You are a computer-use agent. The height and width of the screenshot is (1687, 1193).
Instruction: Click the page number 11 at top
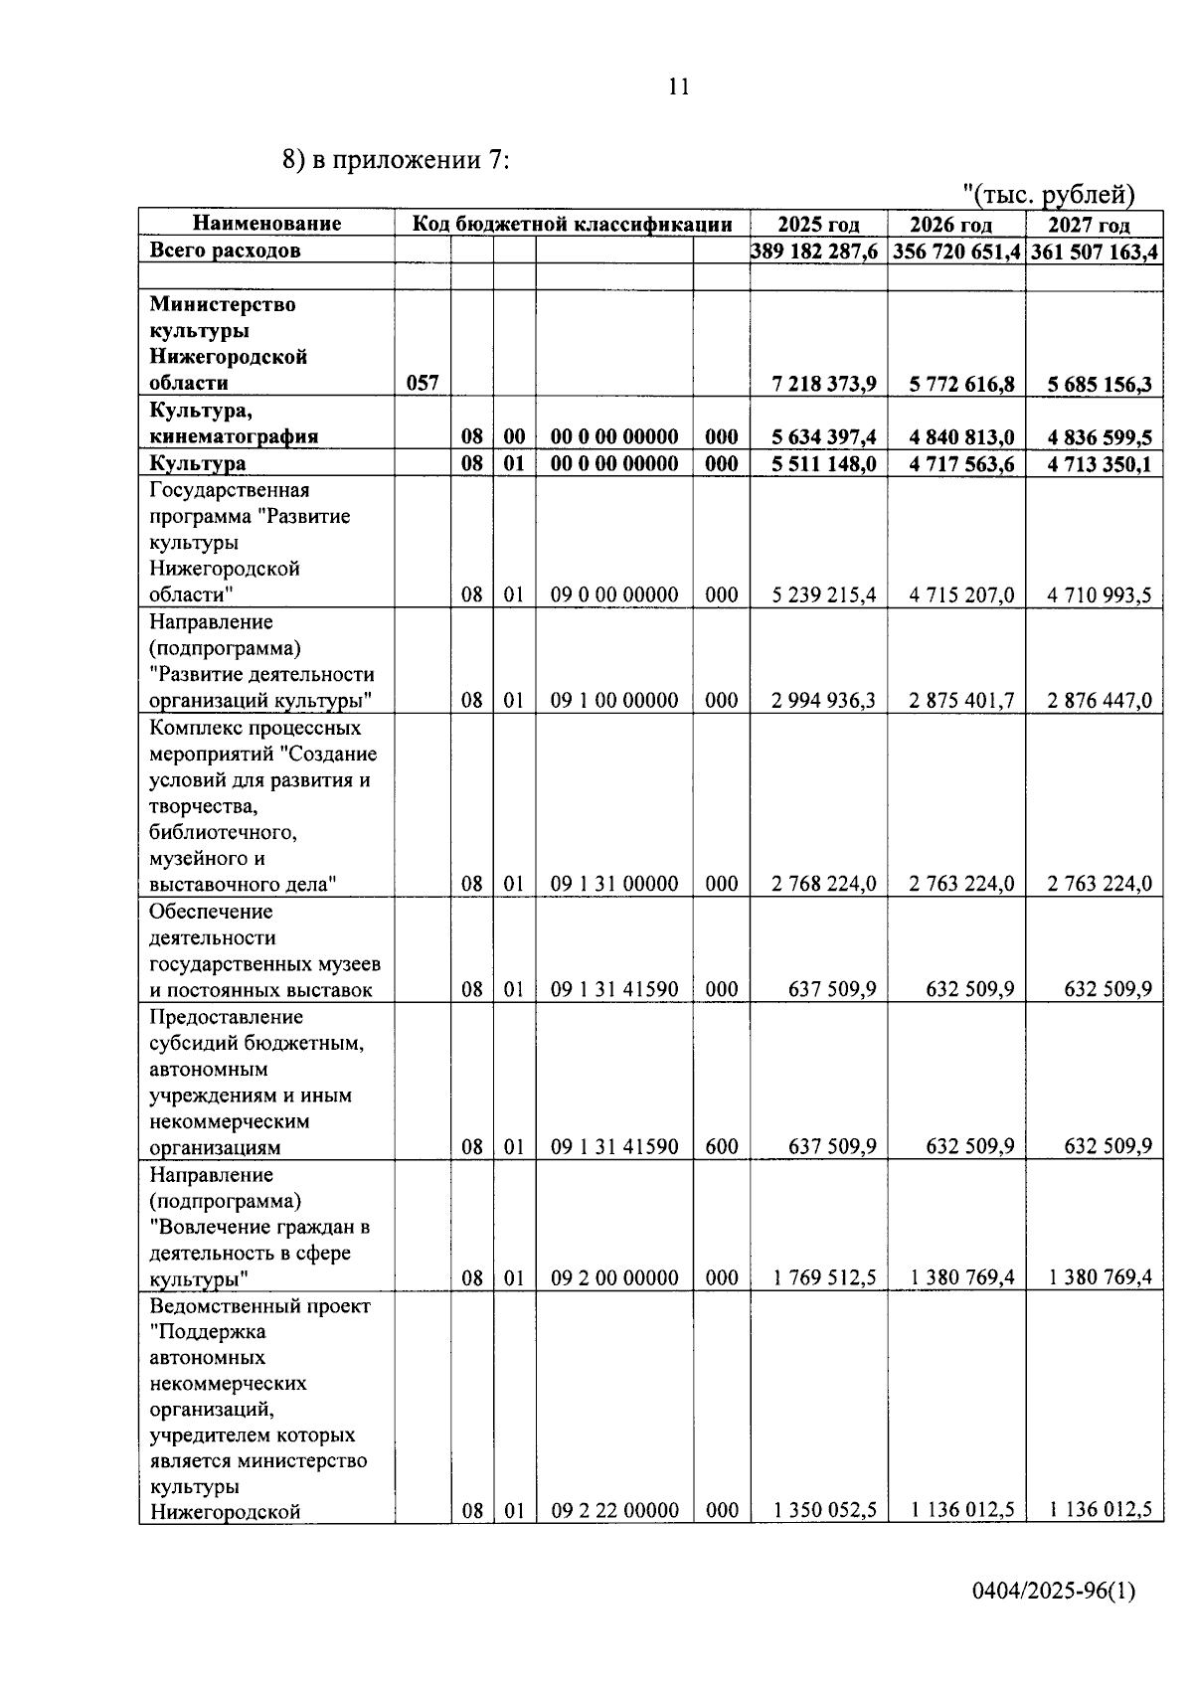click(x=677, y=87)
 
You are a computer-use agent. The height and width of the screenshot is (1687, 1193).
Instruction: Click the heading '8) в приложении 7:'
click(x=396, y=161)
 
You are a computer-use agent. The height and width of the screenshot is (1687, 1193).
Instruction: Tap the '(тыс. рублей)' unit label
click(x=1050, y=195)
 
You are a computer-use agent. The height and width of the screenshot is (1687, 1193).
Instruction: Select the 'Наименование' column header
click(x=266, y=224)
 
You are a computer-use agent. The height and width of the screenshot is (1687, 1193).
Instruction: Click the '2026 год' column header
click(x=951, y=225)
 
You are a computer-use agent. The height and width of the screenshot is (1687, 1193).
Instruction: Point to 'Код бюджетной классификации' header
click(x=572, y=224)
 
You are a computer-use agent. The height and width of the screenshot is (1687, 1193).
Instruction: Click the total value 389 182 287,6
click(x=815, y=252)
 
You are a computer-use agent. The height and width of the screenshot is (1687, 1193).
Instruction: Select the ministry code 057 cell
click(x=423, y=384)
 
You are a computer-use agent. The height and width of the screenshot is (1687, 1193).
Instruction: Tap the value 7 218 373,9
click(x=824, y=384)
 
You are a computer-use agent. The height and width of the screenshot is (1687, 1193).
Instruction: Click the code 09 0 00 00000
click(x=614, y=595)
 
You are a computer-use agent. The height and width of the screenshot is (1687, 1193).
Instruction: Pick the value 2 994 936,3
click(x=824, y=701)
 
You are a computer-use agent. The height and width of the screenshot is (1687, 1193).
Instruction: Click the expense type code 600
click(x=722, y=1147)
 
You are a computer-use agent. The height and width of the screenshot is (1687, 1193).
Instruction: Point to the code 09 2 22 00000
click(x=614, y=1511)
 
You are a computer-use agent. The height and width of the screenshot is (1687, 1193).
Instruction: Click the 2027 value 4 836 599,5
click(x=1100, y=437)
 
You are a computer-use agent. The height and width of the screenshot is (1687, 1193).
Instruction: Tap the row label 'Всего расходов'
click(x=225, y=252)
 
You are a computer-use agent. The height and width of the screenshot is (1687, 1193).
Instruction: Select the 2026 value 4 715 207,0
click(x=961, y=595)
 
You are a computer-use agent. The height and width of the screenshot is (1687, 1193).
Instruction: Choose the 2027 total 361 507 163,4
click(x=1095, y=252)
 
